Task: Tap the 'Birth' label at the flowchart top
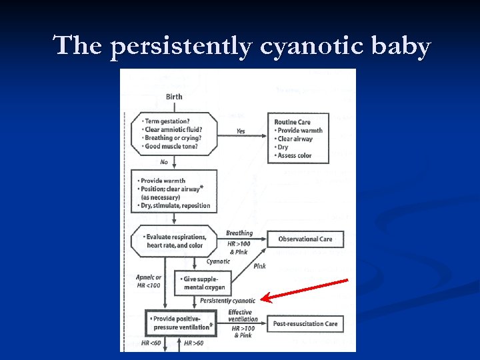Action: tap(173, 97)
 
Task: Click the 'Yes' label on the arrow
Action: tap(240, 131)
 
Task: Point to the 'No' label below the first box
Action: tap(164, 162)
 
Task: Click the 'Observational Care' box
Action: tap(305, 239)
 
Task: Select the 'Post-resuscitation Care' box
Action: tap(305, 324)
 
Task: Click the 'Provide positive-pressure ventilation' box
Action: tap(181, 323)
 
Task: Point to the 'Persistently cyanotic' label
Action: tap(228, 301)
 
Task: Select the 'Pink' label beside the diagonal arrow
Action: tap(259, 265)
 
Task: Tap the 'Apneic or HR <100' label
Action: tap(149, 281)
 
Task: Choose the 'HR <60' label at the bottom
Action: tap(150, 343)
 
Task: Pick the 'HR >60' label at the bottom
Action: tap(193, 343)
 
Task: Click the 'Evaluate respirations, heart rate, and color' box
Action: tap(175, 241)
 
